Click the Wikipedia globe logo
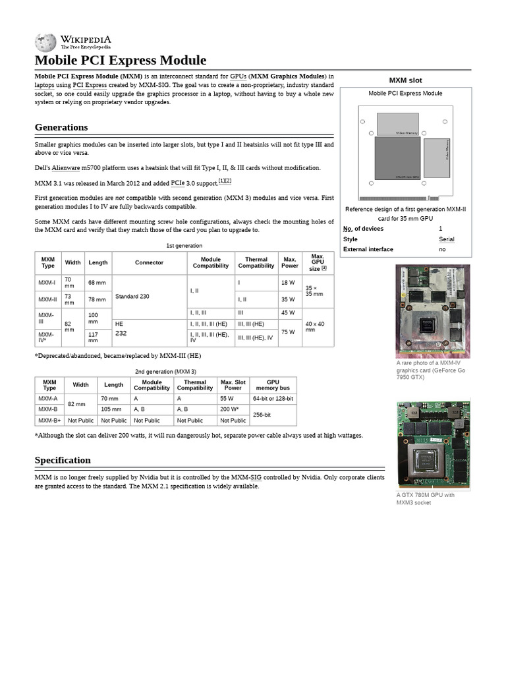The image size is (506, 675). point(45,42)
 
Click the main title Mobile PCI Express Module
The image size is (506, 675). point(121,61)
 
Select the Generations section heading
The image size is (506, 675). point(61,127)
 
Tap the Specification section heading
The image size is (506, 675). point(63,460)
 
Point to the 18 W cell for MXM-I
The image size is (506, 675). point(288,283)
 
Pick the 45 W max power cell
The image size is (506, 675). point(288,312)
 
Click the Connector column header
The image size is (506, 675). point(149,262)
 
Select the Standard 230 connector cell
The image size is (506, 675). point(132,297)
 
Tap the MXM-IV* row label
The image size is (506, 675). point(47,337)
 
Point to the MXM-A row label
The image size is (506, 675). point(48,399)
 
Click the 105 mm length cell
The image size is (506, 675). point(113,409)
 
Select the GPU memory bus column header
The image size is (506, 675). point(273,385)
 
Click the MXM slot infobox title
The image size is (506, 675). point(406,80)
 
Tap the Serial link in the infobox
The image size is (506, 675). point(446,239)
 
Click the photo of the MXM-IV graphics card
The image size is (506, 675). point(432,311)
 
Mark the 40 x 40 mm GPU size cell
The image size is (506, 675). point(318,326)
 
